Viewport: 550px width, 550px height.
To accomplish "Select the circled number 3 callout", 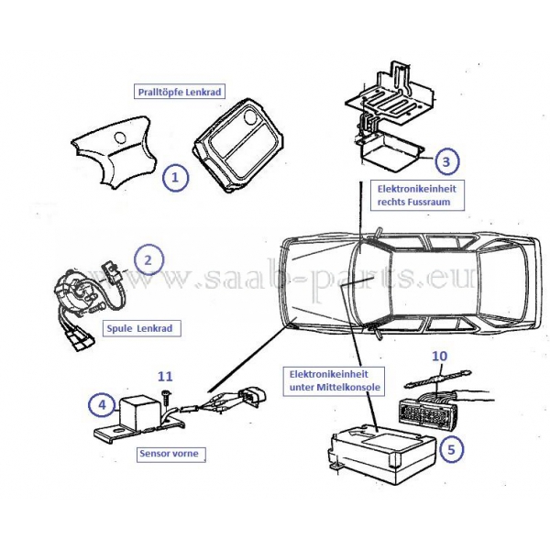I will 445,162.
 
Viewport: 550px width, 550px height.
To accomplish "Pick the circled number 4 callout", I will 102,402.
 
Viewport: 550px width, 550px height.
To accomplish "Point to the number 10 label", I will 439,354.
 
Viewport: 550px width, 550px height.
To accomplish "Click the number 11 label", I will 164,375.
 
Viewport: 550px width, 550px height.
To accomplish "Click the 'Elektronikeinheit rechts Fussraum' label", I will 416,193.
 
